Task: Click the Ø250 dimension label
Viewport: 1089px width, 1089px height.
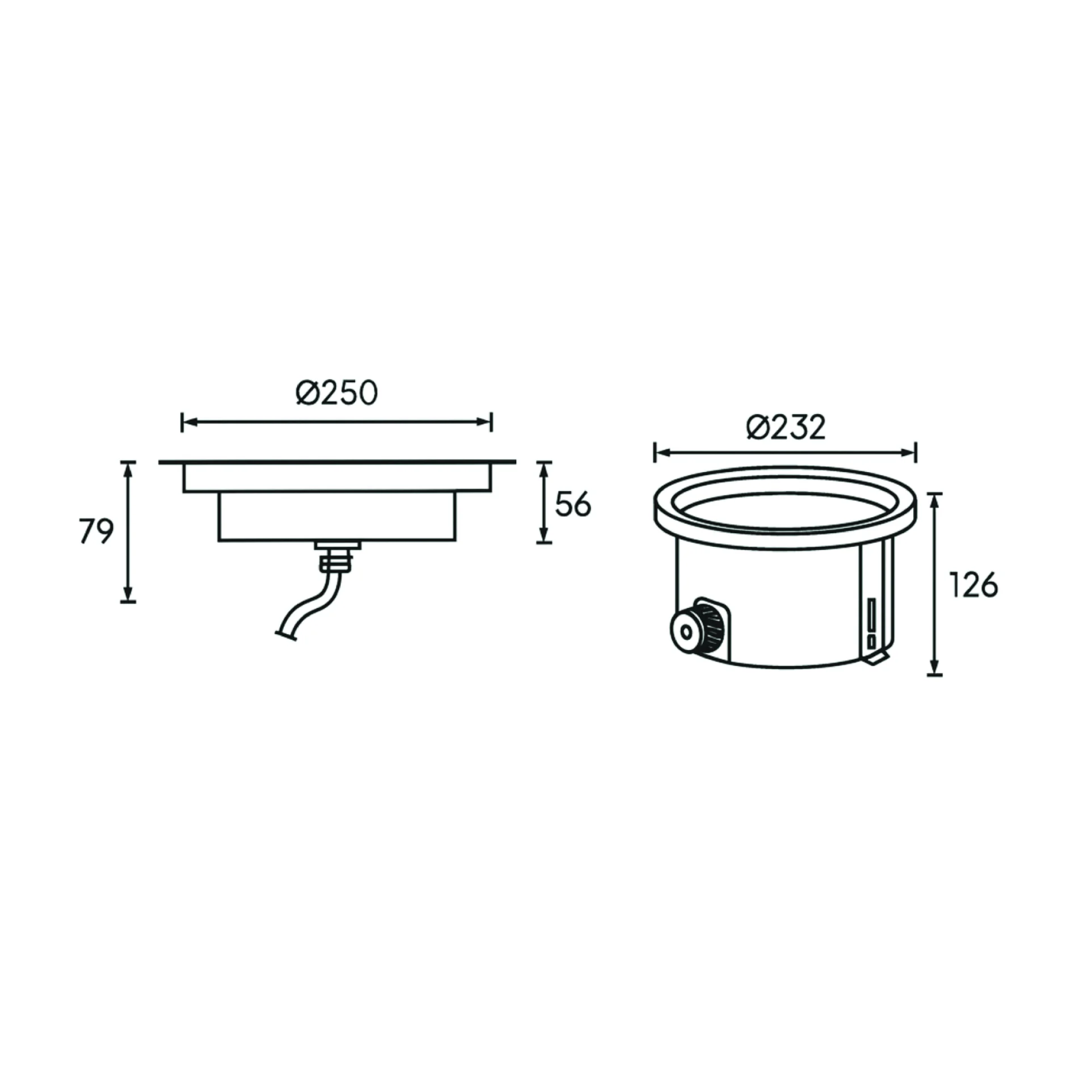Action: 336,392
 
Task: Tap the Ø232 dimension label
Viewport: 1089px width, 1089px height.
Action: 786,427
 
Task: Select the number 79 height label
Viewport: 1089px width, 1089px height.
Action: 96,531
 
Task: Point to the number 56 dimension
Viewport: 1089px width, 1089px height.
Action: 573,504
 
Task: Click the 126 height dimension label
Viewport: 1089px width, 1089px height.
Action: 973,585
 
